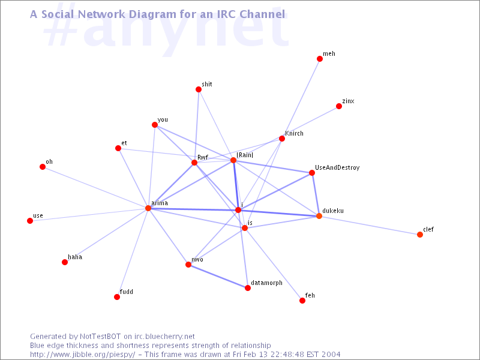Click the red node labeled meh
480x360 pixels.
[320, 59]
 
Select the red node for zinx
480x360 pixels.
[339, 106]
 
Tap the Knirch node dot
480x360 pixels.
[282, 139]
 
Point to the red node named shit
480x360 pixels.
[199, 89]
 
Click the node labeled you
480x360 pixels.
[155, 125]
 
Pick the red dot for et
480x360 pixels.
[118, 148]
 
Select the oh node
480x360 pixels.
[43, 167]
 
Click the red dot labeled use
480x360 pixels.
[30, 221]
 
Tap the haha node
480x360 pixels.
[65, 262]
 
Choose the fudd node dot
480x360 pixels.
[117, 297]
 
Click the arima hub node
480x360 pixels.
[148, 208]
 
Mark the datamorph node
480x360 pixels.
[248, 288]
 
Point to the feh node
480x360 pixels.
[302, 301]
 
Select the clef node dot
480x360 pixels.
[420, 235]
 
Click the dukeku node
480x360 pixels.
[319, 216]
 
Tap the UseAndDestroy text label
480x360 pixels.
[337, 168]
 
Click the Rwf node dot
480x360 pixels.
[194, 163]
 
